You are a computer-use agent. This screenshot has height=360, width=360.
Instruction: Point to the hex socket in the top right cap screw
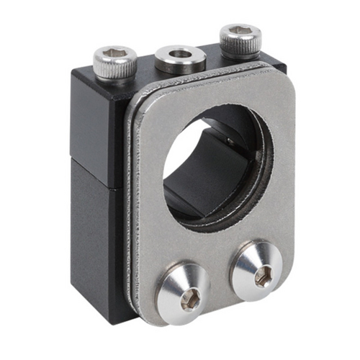coord(240,33)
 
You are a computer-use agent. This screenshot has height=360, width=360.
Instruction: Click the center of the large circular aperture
coord(216,158)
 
